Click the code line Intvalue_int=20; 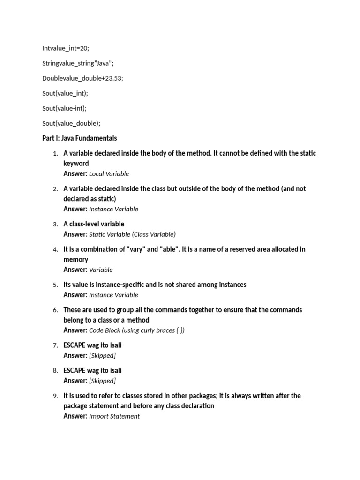[65, 48]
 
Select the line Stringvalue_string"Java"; [78, 63]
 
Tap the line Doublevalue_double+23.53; [82, 78]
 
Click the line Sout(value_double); [71, 123]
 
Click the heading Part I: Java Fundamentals [79, 138]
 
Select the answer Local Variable [109, 174]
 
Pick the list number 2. [55, 189]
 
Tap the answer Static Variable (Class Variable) [132, 234]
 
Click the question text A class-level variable [94, 224]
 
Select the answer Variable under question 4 [101, 270]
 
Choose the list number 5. [55, 285]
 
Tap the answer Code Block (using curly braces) [137, 330]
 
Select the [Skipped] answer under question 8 [102, 381]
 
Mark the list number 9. [55, 396]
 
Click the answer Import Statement [114, 416]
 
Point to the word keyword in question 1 [76, 164]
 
